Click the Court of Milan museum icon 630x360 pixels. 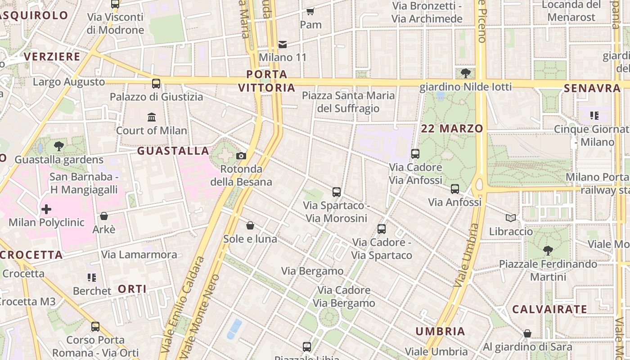pyautogui.click(x=152, y=117)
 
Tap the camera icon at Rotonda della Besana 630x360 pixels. pyautogui.click(x=241, y=156)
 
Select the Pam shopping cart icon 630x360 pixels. pyautogui.click(x=310, y=11)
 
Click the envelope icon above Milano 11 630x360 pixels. pyautogui.click(x=283, y=44)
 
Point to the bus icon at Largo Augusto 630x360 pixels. pyautogui.click(x=156, y=83)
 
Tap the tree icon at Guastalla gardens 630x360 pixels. pyautogui.click(x=58, y=146)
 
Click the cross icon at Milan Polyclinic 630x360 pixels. pyautogui.click(x=46, y=209)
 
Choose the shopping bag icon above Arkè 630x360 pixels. pyautogui.click(x=104, y=216)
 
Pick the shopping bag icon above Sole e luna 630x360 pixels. pyautogui.click(x=250, y=225)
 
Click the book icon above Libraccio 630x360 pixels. pyautogui.click(x=510, y=218)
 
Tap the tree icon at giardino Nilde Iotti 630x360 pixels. pyautogui.click(x=466, y=73)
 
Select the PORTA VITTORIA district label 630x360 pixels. pyautogui.click(x=267, y=81)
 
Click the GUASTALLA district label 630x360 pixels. pyautogui.click(x=173, y=151)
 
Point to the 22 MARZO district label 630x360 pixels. pyautogui.click(x=452, y=128)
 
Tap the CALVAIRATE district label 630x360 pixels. pyautogui.click(x=549, y=309)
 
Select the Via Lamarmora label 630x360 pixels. pyautogui.click(x=139, y=254)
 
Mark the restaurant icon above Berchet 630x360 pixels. pyautogui.click(x=92, y=278)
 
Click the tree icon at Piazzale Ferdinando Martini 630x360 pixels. pyautogui.click(x=548, y=250)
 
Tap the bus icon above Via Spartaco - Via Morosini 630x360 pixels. pyautogui.click(x=337, y=192)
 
